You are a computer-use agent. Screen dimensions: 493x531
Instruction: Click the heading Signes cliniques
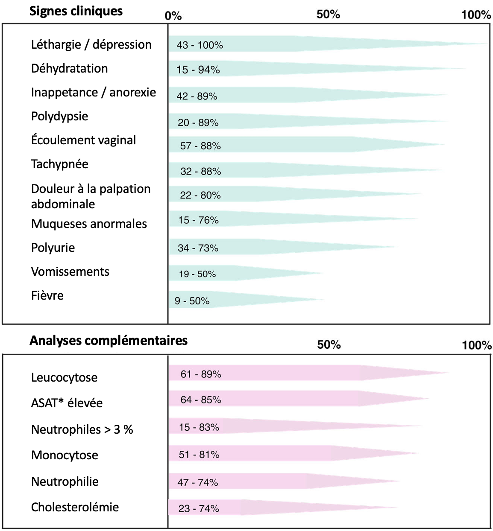click(x=76, y=12)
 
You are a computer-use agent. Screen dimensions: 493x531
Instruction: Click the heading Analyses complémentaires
click(x=109, y=341)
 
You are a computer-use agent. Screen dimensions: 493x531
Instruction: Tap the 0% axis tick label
click(x=173, y=16)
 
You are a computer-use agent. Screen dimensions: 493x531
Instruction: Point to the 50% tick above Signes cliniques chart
click(x=328, y=14)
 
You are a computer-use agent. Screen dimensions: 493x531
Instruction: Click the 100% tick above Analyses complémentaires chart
click(x=477, y=345)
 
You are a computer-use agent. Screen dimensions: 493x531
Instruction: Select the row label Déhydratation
click(x=69, y=69)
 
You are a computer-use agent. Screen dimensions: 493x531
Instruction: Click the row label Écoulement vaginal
click(x=83, y=140)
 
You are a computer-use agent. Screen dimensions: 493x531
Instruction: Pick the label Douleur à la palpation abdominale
click(x=91, y=196)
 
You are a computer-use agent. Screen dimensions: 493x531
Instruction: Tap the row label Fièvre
click(x=47, y=295)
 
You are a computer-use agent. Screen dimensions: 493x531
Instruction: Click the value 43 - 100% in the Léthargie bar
click(x=200, y=45)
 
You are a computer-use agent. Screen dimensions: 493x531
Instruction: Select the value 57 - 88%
click(x=200, y=146)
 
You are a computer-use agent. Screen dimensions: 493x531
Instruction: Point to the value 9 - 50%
click(x=192, y=301)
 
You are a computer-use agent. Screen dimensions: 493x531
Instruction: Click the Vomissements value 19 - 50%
click(x=197, y=274)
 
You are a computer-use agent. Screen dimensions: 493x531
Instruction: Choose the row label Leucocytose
click(x=64, y=377)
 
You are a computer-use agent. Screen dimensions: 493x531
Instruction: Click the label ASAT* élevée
click(x=67, y=403)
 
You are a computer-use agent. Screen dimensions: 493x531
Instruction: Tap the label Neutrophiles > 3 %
click(x=82, y=430)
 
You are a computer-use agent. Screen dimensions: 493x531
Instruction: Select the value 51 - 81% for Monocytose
click(x=199, y=455)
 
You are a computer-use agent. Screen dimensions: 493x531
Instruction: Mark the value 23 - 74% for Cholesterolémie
click(x=199, y=508)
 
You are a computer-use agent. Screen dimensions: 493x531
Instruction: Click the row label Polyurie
click(x=53, y=248)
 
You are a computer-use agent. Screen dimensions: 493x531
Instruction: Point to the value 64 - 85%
click(x=201, y=400)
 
